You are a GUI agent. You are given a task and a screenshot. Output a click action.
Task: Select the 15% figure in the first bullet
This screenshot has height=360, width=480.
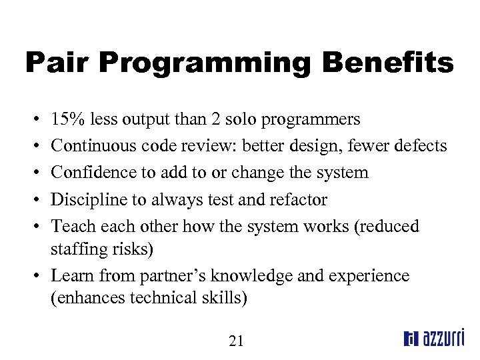click(x=69, y=119)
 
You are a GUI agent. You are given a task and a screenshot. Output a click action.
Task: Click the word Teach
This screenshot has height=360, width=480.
click(x=69, y=226)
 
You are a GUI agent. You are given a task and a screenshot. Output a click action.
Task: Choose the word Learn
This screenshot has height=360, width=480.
click(x=70, y=275)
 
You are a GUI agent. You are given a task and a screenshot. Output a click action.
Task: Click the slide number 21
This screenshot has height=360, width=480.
click(x=236, y=341)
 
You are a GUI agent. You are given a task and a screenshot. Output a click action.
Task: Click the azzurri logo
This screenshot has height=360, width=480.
click(x=434, y=339)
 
